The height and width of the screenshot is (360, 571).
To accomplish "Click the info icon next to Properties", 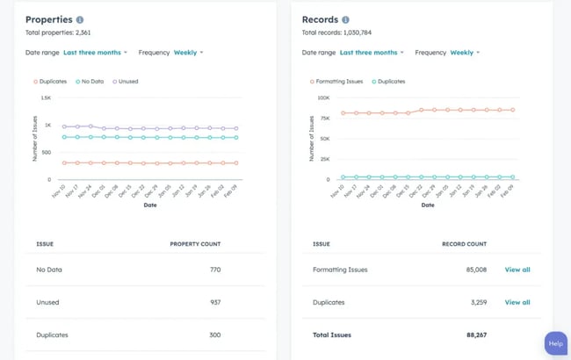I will [x=80, y=19].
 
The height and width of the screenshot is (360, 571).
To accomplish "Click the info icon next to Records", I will [x=345, y=19].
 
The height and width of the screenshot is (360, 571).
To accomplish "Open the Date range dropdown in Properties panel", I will [x=95, y=53].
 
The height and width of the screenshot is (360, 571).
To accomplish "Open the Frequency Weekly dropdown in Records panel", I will [x=462, y=53].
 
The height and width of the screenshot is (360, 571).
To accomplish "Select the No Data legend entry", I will [x=90, y=81].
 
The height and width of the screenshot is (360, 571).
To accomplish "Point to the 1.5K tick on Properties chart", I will [x=46, y=98].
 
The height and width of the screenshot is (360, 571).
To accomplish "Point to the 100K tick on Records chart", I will [x=323, y=98].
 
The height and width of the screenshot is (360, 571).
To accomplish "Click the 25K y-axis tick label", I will [x=324, y=159].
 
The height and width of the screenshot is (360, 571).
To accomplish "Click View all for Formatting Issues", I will [x=517, y=270].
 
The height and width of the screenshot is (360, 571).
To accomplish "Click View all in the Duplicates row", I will [x=517, y=302].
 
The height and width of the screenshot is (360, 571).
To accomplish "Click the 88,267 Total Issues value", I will [x=476, y=335].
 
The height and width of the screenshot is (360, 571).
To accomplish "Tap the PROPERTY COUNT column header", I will [x=195, y=244].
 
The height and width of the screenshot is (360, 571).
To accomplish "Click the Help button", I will [x=555, y=343].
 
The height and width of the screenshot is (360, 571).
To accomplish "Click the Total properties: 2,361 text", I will [x=58, y=32].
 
